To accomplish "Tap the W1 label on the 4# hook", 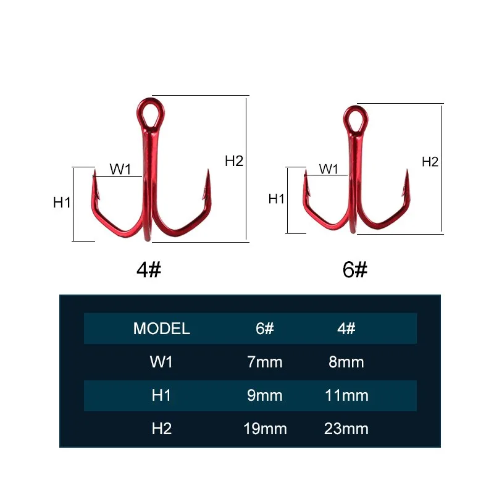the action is coord(120,169).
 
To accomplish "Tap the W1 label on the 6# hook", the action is coord(329,168).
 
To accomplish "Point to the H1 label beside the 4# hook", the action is coord(62,202).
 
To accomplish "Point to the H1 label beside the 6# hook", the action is coord(276,199).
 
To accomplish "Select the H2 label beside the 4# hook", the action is coord(234,162).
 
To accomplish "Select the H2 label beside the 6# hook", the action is coord(430,162).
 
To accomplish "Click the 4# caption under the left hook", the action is coord(148,269).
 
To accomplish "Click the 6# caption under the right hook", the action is coord(354,269).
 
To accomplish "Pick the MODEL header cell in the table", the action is coord(161,328).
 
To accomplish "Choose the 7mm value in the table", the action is coord(264,362).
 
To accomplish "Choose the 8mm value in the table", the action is coord(346,362).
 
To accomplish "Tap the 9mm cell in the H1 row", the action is coord(264,395).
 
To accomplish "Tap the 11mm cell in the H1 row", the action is coord(346,395).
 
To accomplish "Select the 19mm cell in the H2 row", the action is coord(264,429).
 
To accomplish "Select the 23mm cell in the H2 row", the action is coord(346,429).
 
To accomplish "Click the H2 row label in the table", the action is coord(161,429).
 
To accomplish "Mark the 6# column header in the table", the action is coord(264,328).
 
